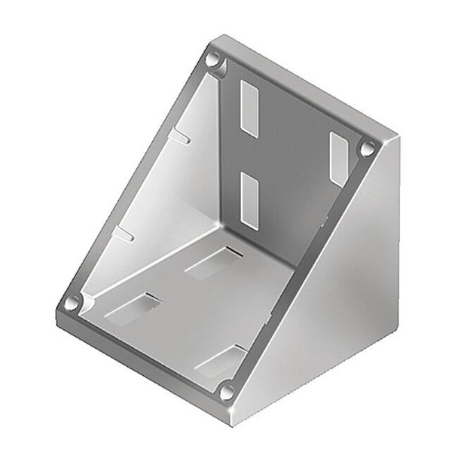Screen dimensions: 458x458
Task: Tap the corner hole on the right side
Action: point(367,148)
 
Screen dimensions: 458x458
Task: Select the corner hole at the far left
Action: point(72,303)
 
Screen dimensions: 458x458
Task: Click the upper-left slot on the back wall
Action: point(249,108)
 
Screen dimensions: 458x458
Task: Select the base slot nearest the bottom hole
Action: point(221,361)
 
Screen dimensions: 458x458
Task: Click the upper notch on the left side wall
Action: point(181,137)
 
